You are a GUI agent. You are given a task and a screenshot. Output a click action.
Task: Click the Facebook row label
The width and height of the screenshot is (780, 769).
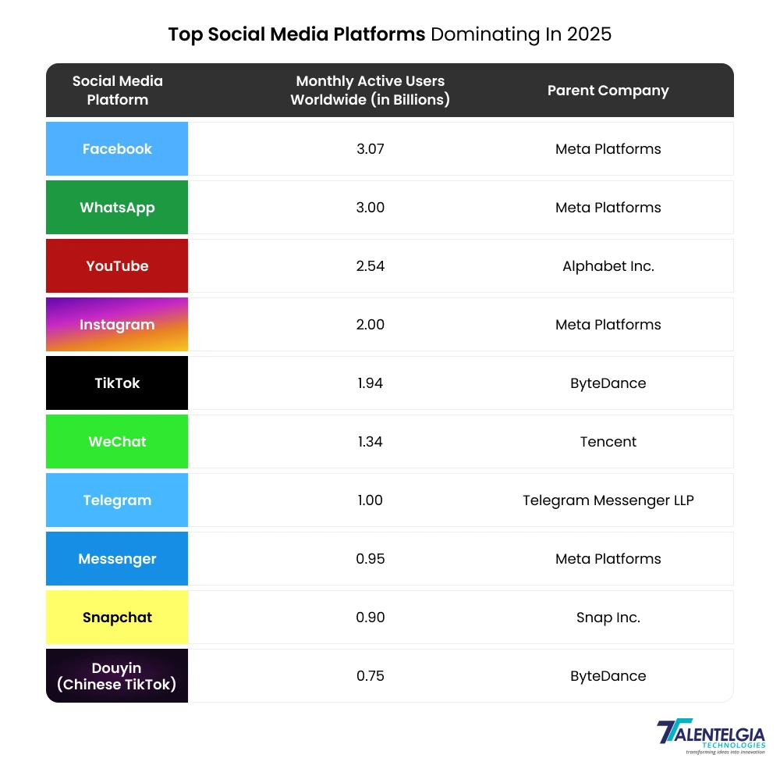(x=117, y=148)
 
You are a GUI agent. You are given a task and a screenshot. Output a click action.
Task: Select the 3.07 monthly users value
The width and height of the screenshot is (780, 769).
(x=370, y=148)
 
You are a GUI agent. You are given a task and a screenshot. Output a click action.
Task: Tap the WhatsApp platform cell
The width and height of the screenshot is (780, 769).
(x=117, y=207)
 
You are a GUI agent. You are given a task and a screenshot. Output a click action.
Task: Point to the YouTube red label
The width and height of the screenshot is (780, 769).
(x=117, y=265)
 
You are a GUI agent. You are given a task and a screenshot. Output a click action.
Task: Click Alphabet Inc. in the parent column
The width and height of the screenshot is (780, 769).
(x=608, y=265)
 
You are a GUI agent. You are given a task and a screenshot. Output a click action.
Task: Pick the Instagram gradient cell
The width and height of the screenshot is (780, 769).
(x=117, y=324)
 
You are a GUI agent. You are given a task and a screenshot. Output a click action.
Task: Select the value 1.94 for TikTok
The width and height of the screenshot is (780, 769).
(x=370, y=383)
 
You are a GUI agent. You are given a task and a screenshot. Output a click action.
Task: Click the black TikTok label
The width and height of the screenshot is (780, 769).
(x=117, y=383)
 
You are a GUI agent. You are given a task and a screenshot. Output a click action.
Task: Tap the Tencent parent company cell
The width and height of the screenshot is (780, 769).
(x=608, y=441)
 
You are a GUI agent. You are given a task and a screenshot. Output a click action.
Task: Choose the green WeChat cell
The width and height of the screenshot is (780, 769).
(x=117, y=441)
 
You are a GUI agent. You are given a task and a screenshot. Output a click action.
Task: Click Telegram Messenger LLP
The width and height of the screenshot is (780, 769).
(x=608, y=500)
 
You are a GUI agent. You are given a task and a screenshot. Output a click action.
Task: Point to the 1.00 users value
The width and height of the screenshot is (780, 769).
(x=370, y=500)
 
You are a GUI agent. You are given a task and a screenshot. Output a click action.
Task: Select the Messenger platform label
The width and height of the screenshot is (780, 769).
(x=117, y=558)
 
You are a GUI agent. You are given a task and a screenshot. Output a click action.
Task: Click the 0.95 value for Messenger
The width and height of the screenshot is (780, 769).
(x=370, y=558)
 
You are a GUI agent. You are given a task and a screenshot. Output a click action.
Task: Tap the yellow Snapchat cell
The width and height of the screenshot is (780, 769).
(x=117, y=617)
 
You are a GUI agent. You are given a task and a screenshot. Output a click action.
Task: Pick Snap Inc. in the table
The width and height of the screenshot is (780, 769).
(x=608, y=617)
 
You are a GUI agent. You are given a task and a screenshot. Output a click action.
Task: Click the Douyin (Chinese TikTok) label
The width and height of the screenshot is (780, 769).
(x=117, y=675)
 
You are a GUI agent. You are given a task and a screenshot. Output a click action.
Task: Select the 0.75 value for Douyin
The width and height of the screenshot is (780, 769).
(x=370, y=675)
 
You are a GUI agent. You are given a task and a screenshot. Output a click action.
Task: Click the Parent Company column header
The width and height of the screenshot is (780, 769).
(x=608, y=90)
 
